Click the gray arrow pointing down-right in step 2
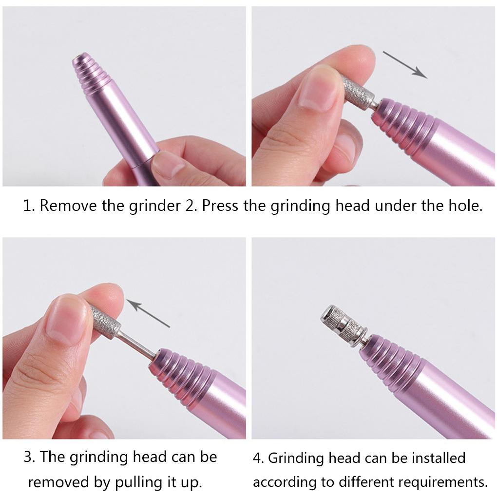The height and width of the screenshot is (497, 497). pyautogui.click(x=404, y=64)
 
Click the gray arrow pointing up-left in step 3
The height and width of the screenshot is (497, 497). pyautogui.click(x=149, y=314)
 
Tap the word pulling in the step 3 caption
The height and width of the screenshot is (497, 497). pyautogui.click(x=136, y=482)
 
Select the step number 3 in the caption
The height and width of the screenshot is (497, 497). pyautogui.click(x=29, y=458)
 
